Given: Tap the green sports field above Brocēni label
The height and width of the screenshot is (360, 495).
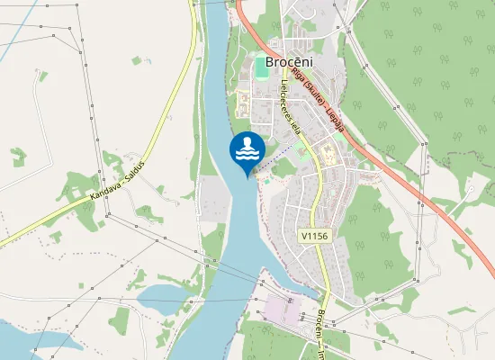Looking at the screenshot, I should pos(262,67).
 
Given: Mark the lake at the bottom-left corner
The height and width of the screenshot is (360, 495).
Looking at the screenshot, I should pos(27,342).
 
